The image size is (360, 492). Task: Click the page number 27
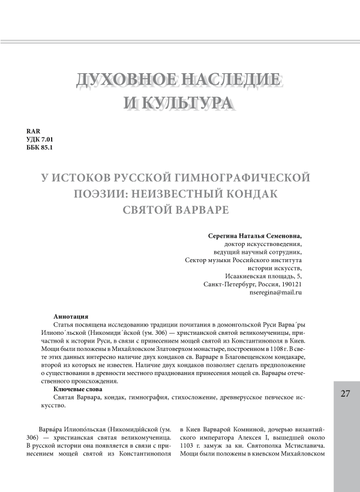(345, 394)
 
